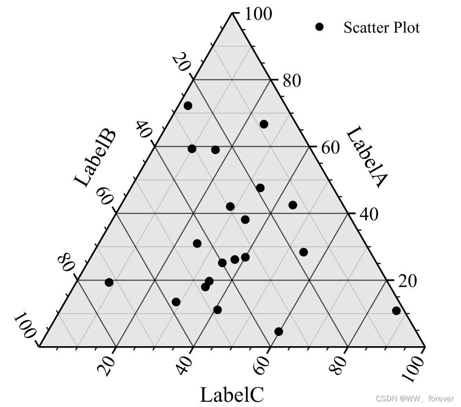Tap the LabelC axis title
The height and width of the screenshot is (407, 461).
point(232,395)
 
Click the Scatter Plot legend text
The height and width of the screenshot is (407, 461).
point(381,28)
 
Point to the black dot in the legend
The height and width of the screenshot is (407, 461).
point(319,27)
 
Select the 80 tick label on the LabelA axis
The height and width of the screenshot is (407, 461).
point(292,81)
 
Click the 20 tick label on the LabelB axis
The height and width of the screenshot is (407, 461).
point(181,62)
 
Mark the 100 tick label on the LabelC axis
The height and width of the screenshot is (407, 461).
point(415,367)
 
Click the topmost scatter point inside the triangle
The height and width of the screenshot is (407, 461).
point(188,106)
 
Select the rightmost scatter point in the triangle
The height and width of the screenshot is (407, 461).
point(396,311)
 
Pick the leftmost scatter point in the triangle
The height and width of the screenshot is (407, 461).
point(109,282)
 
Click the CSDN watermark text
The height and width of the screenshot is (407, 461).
point(414,399)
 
